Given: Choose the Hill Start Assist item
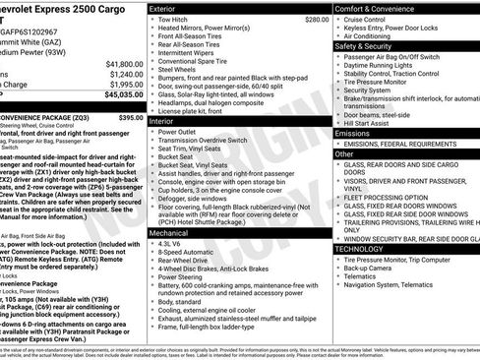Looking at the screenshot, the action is pyautogui.click(x=372, y=123).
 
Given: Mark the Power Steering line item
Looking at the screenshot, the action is pyautogui.click(x=185, y=277).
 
